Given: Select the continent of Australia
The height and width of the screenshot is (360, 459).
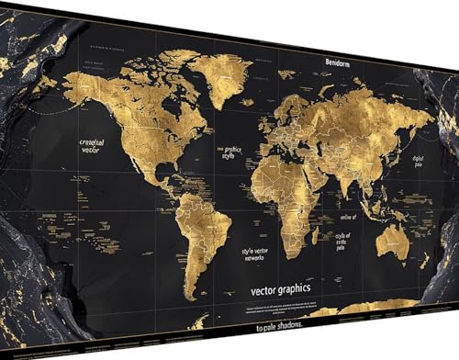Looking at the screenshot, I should (393, 242).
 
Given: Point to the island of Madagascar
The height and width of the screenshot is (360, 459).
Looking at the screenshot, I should (317, 233).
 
